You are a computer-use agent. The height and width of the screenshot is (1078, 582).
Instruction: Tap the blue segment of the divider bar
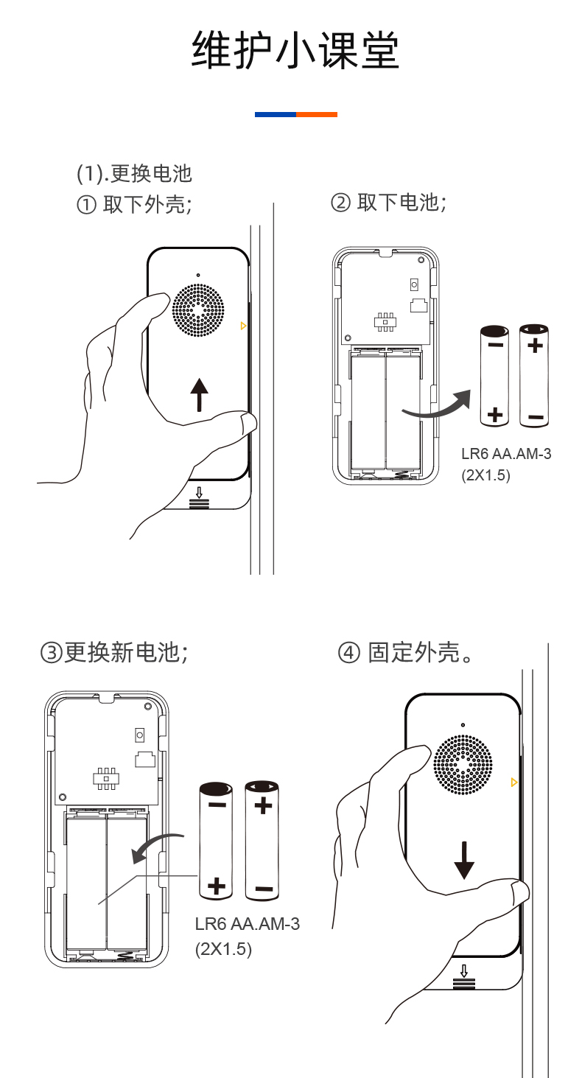275,114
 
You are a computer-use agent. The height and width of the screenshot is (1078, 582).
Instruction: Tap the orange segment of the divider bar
317,114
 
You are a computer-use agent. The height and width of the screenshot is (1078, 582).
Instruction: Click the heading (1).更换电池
134,173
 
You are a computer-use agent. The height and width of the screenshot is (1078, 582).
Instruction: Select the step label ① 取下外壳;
134,204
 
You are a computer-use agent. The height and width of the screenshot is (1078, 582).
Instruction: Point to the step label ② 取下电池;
388,202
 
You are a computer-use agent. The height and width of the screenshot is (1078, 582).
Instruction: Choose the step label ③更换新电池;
114,652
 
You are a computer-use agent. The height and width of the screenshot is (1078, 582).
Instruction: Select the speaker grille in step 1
198,310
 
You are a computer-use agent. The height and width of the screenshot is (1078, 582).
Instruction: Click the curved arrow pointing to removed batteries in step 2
435,407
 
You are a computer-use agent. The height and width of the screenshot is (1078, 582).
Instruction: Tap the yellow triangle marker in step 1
243,325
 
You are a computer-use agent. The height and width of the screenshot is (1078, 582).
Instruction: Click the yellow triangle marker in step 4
513,782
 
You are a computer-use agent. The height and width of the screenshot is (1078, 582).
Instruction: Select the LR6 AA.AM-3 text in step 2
506,454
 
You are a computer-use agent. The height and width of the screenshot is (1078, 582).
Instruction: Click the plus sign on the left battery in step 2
495,416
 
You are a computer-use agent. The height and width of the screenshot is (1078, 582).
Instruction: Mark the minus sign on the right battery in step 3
263,889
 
